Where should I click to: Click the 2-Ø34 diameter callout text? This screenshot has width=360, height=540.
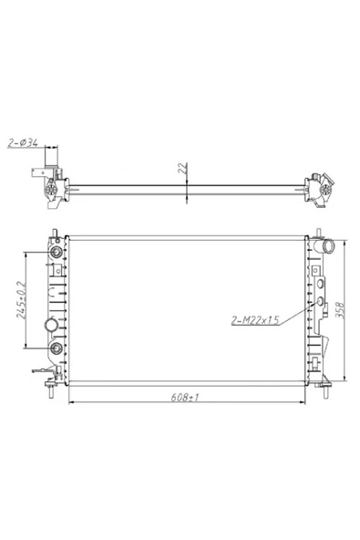[23, 142]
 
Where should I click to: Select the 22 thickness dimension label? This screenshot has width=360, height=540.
[184, 168]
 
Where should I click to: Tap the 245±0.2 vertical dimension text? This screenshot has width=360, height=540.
[21, 300]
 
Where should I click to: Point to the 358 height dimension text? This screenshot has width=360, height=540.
[339, 310]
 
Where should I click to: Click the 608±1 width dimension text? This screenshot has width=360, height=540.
[185, 397]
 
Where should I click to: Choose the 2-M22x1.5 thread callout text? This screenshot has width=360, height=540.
[255, 320]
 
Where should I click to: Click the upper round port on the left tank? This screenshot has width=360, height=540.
[57, 252]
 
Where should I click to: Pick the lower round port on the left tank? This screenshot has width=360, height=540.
[56, 348]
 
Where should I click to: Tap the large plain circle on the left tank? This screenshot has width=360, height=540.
[51, 325]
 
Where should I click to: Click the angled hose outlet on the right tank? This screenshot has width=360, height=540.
[326, 246]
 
